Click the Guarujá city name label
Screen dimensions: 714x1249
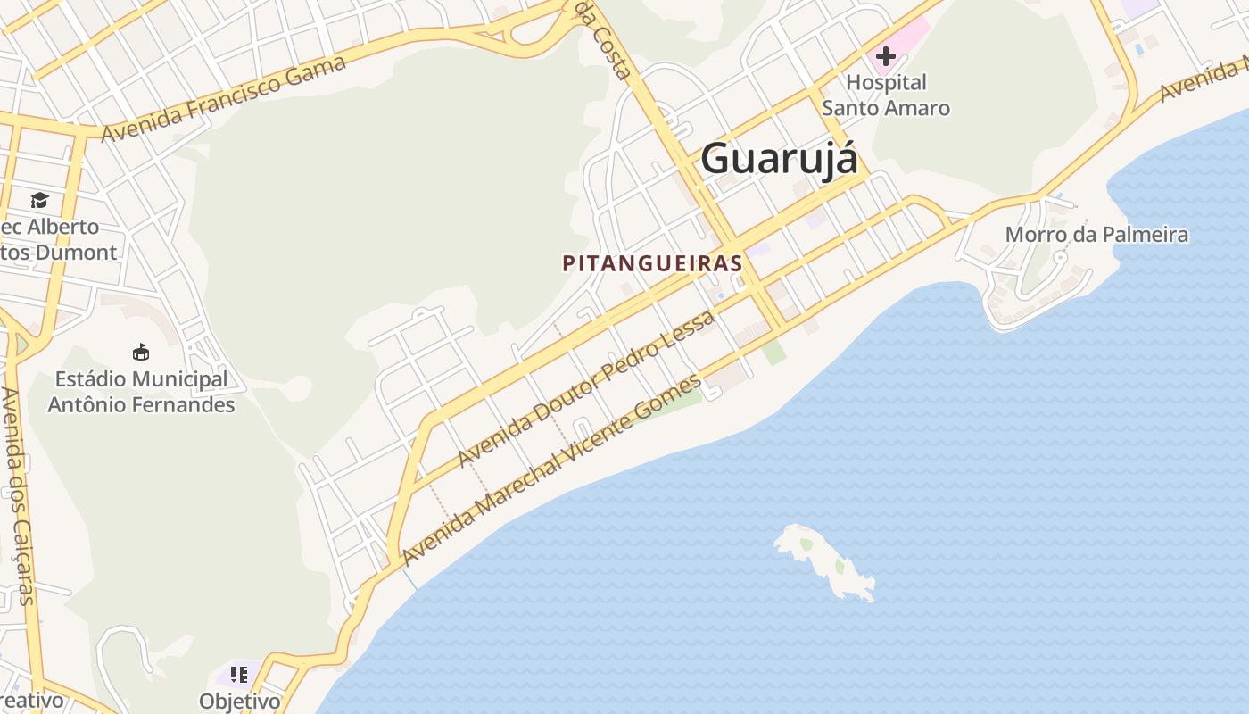[779, 159]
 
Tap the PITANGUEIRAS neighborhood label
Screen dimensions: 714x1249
[652, 263]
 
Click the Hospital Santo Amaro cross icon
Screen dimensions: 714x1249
[885, 57]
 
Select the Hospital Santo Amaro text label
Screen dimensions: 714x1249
[886, 95]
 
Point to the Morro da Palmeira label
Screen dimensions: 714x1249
[1096, 235]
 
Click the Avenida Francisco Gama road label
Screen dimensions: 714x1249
[224, 98]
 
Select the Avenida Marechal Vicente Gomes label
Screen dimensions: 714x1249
[551, 470]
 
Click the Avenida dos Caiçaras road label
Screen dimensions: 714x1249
[18, 495]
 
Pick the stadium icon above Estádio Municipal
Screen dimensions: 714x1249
[141, 352]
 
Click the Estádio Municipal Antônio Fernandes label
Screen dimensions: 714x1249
[141, 392]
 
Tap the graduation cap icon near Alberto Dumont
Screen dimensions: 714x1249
[39, 200]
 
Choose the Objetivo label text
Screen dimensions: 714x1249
[239, 702]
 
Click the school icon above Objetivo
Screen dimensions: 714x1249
[238, 675]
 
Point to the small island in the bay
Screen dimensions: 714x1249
[826, 561]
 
